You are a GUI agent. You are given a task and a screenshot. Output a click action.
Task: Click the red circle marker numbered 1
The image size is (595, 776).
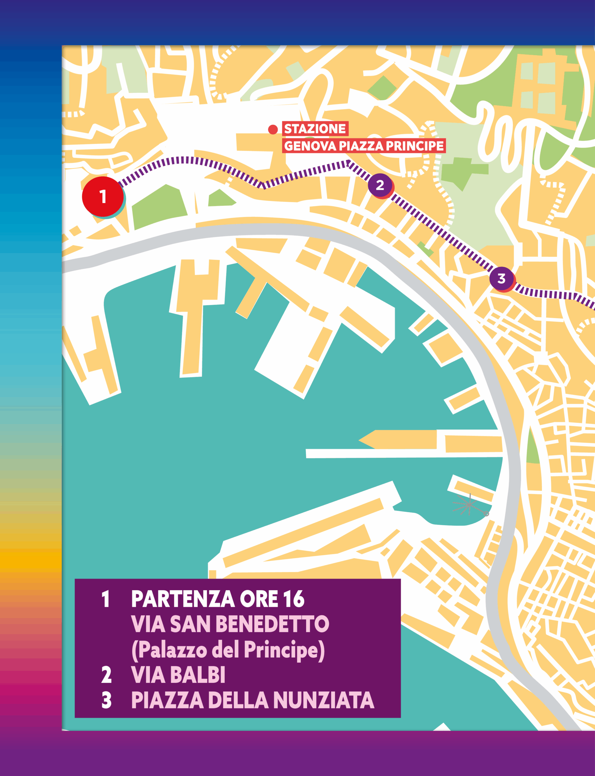click(103, 196)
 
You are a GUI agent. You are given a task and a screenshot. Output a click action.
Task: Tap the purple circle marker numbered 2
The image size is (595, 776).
click(380, 185)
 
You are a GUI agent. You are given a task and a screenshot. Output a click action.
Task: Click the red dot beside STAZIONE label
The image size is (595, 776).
click(273, 130)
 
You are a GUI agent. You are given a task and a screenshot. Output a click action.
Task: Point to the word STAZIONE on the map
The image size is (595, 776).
click(315, 129)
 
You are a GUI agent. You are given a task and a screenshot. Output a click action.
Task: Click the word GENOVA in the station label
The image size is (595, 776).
click(310, 146)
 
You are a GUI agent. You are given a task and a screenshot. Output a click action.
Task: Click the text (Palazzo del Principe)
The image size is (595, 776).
click(228, 650)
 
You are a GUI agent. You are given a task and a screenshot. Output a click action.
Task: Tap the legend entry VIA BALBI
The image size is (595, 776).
click(178, 675)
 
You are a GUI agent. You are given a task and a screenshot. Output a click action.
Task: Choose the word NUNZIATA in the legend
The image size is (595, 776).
click(323, 700)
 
